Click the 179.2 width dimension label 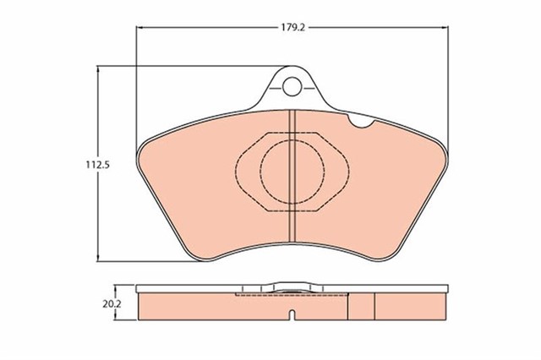click(x=292, y=28)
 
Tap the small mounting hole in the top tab click(x=292, y=86)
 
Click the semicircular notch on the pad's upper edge click(x=361, y=122)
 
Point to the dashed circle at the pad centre click(x=292, y=172)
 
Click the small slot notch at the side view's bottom click(x=292, y=315)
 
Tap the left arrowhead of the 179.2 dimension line click(x=139, y=28)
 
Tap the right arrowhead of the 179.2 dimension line click(x=445, y=28)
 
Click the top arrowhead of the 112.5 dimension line click(x=99, y=69)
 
